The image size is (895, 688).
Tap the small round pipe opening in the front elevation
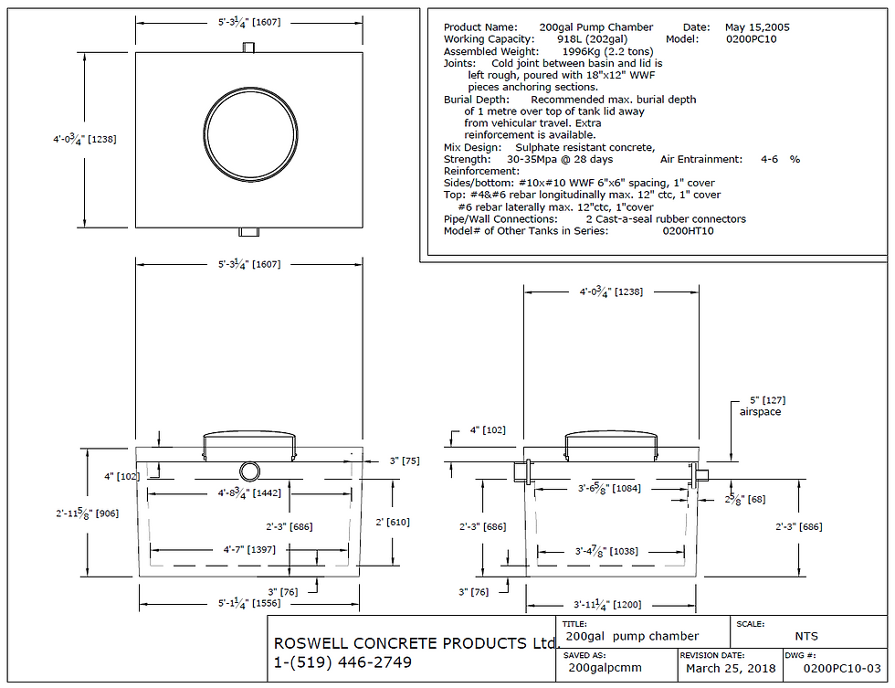point(249,471)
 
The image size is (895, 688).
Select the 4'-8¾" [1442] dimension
point(249,493)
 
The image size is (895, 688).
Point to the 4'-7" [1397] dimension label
point(248,551)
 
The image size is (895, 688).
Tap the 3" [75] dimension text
point(404,461)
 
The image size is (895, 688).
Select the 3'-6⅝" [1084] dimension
point(609,489)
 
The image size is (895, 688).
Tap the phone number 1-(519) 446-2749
point(342,662)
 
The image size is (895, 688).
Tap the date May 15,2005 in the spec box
point(757,27)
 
